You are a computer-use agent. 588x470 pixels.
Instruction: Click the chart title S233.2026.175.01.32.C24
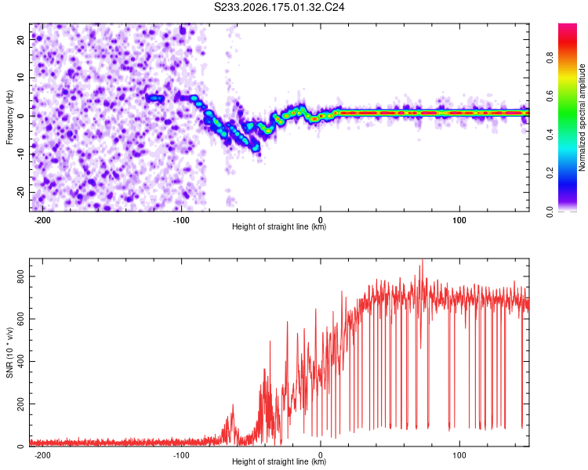click(x=279, y=7)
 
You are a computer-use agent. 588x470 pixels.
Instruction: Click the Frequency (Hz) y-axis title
click(x=9, y=117)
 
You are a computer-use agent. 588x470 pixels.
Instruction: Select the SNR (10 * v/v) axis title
click(x=9, y=352)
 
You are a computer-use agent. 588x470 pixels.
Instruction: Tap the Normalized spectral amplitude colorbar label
click(x=582, y=117)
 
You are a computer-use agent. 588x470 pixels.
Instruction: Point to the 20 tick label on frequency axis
click(x=20, y=39)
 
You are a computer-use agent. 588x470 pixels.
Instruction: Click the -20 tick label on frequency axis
click(x=20, y=192)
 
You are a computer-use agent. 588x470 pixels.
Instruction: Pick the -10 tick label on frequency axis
click(x=20, y=154)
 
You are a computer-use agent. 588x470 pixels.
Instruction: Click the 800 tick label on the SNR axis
click(x=20, y=277)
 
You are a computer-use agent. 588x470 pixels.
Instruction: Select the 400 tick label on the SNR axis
click(x=20, y=361)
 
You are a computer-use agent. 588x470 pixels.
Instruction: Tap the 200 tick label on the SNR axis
click(x=20, y=404)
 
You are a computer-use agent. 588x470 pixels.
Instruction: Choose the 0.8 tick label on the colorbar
click(x=550, y=58)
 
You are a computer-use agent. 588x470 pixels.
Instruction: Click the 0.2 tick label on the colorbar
click(x=550, y=173)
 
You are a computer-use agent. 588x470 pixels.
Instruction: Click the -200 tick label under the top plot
click(x=42, y=220)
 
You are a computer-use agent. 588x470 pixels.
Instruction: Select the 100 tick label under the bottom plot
click(x=459, y=455)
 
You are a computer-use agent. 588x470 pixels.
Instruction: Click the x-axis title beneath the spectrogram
click(x=279, y=226)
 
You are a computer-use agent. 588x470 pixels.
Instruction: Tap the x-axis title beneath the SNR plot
click(x=279, y=461)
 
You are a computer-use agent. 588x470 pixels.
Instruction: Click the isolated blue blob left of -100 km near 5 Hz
click(x=155, y=98)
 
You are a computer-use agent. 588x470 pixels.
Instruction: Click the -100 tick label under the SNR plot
click(x=181, y=455)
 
